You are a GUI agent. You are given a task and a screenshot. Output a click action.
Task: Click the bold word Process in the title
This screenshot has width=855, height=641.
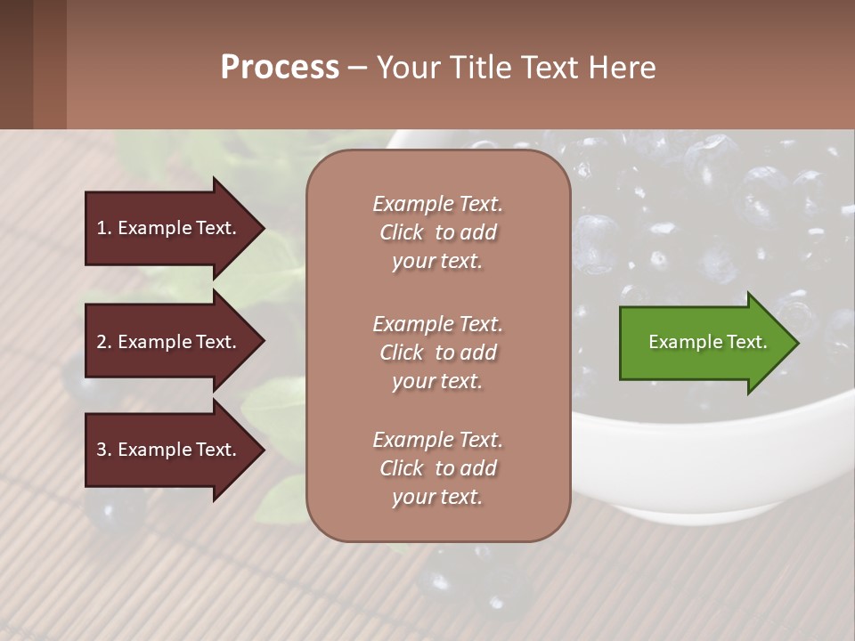pos(280,68)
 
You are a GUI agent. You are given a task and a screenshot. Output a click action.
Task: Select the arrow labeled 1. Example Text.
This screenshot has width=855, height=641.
pos(169,228)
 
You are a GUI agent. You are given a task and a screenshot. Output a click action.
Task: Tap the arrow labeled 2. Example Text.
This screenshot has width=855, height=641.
pos(169,342)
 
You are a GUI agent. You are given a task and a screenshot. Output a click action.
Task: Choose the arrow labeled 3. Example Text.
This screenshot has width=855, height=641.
pos(169,450)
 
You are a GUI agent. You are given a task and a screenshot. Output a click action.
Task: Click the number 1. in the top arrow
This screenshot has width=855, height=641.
pos(104,228)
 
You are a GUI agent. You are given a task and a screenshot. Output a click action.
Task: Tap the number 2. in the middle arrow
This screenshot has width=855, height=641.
pos(104,342)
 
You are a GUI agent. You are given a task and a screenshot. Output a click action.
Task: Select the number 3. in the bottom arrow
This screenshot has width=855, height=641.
pos(104,450)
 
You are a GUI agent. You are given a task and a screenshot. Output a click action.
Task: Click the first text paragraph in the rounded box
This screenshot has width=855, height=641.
pos(437,232)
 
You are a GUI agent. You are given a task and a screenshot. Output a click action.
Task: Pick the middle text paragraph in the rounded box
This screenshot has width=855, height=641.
pos(437,353)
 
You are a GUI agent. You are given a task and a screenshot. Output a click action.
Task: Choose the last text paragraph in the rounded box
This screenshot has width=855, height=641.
pos(437,468)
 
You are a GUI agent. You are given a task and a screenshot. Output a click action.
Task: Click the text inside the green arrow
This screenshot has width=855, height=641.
pos(707,342)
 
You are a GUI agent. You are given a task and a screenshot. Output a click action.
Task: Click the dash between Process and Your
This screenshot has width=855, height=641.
pos(356,68)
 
